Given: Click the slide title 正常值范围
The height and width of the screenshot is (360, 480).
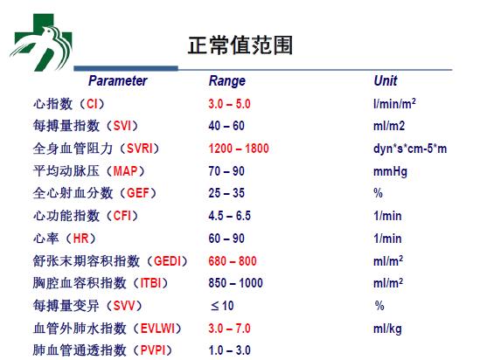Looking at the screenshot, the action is coord(240,45).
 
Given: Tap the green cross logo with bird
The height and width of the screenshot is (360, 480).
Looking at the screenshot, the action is coord(41,42).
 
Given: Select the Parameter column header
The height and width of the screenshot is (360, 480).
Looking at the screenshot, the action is coord(118,80).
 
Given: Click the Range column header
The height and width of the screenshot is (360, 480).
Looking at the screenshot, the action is coord(227,80).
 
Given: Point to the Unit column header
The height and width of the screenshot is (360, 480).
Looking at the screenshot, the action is coord(386,80).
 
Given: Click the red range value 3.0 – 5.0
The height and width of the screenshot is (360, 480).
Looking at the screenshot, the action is coord(230,104).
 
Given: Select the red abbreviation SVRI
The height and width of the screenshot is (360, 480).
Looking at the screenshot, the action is coord(140,149).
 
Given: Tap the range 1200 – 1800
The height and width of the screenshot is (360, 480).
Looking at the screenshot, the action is coord(239,149).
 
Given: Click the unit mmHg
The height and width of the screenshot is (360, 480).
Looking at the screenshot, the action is coord(390,171).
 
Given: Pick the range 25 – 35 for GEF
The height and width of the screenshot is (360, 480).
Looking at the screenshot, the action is coord(226,193).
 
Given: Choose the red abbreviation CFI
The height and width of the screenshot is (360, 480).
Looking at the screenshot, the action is coord(122,216).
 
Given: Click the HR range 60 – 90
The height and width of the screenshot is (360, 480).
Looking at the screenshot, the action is coord(226,239).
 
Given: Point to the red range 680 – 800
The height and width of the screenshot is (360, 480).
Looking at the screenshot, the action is coord(233,261).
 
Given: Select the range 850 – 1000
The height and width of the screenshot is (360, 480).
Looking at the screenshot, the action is coord(236,283).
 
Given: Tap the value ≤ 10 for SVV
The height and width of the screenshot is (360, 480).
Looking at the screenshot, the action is coord(223,306).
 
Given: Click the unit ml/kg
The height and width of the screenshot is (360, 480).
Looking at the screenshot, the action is coord(387,329).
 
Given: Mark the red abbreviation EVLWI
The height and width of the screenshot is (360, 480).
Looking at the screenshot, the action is coord(158,329).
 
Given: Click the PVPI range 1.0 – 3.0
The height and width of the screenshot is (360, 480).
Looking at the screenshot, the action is coord(230,350).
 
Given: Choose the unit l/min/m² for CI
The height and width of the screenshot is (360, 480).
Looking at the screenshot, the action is coord(394,104).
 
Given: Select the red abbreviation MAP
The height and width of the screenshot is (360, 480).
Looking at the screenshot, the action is coord(126,171).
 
